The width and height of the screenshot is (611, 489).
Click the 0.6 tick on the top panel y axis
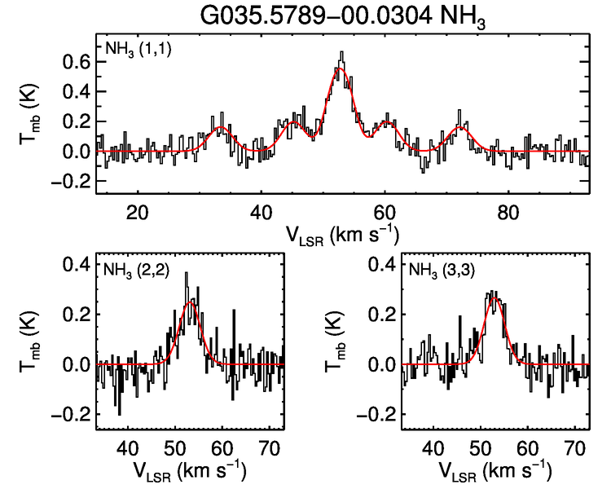pyautogui.click(x=78, y=61)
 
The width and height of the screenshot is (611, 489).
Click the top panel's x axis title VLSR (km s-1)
pyautogui.click(x=342, y=234)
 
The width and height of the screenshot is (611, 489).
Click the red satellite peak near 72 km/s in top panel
pyautogui.click(x=463, y=127)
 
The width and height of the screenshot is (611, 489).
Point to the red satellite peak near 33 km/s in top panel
pyautogui.click(x=221, y=128)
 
